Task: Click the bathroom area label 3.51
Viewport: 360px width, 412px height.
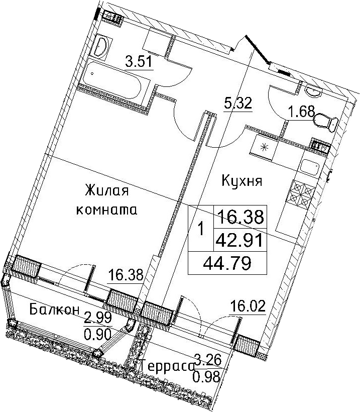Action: (139, 62)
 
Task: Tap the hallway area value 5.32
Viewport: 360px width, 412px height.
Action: (238, 103)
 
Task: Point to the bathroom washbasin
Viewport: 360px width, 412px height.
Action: (101, 46)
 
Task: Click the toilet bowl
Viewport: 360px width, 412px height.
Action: (325, 122)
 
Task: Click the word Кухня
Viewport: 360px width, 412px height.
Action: (242, 181)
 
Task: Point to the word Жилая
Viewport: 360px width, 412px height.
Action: (107, 190)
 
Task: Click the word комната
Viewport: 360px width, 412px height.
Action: (106, 210)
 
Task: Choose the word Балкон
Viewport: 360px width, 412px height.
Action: (54, 310)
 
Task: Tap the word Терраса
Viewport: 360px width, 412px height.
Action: (167, 366)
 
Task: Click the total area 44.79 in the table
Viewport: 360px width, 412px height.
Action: (227, 264)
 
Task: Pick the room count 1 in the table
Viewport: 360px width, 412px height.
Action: (201, 229)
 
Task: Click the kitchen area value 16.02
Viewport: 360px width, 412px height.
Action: (248, 306)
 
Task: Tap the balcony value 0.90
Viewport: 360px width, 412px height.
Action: (98, 334)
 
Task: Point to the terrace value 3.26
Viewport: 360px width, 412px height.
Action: (208, 360)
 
